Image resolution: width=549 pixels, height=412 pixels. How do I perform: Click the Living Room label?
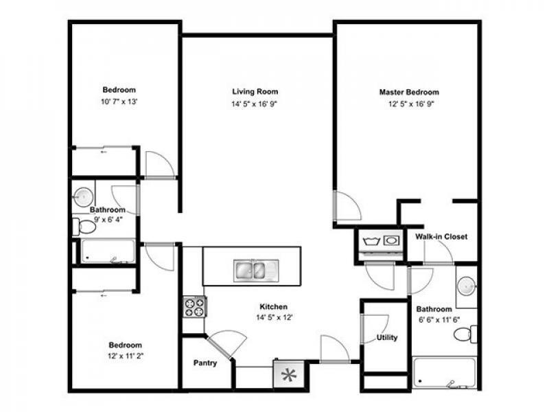click(x=255, y=91)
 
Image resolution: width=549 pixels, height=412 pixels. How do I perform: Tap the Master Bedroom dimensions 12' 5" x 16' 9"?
click(x=409, y=104)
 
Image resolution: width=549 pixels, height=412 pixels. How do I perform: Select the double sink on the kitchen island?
click(x=253, y=269)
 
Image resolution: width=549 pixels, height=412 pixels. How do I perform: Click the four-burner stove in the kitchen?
click(x=194, y=306)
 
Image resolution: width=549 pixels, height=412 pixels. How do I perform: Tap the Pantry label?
click(x=205, y=363)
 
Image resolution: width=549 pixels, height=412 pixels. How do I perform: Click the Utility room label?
click(x=386, y=338)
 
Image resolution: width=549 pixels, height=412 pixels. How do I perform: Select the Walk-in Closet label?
click(x=441, y=237)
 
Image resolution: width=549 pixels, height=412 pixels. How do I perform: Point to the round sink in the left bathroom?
click(x=83, y=194)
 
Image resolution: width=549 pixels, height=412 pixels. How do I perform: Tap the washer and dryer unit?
click(x=381, y=241)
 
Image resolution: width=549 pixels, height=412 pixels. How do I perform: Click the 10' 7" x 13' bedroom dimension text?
click(x=119, y=102)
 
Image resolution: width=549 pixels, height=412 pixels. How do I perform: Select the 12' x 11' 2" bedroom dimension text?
click(x=125, y=356)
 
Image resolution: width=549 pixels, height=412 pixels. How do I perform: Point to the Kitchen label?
click(x=272, y=306)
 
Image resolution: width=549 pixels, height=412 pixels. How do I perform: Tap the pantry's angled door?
click(x=224, y=343)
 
